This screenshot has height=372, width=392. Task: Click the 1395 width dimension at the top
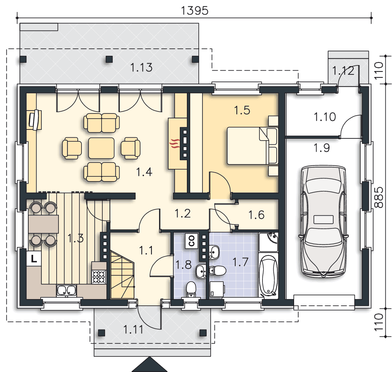pos(194,11)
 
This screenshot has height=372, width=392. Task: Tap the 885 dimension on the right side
pos(379,197)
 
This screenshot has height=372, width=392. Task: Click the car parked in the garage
pos(324,221)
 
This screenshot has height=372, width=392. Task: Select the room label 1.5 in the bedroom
pos(242,110)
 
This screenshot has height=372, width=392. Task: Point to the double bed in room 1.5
pos(252,146)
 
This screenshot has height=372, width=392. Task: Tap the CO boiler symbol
pos(192,241)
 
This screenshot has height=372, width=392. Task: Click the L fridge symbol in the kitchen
pos(34,259)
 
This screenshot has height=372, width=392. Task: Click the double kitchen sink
pos(66,290)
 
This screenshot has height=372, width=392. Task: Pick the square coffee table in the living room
pos(101,148)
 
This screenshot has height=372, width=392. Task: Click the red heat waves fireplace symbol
pos(175,144)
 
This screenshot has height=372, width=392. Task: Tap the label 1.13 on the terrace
pos(141,67)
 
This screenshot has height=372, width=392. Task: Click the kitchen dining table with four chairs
pos(43,224)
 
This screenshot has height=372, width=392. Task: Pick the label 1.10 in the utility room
pos(325,117)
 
